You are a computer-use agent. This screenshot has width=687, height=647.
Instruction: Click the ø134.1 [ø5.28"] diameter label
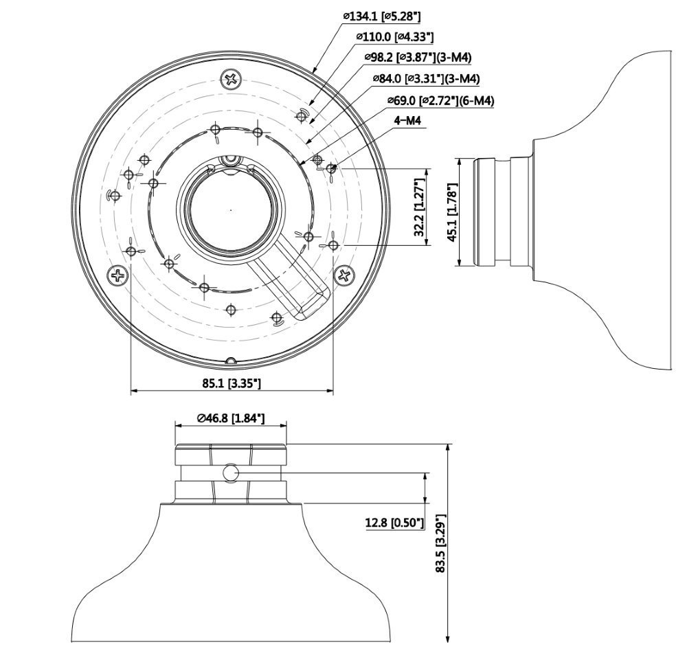381,16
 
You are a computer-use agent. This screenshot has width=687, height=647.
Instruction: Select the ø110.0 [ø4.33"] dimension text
394,36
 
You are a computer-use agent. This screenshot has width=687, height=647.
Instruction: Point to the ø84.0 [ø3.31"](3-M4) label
425,79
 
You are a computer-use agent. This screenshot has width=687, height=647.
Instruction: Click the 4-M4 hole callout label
407,122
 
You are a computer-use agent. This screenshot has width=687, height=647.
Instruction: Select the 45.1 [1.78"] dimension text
451,212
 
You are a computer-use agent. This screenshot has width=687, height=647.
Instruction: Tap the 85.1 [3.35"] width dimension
232,383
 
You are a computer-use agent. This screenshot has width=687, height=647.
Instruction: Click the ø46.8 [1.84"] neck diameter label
231,418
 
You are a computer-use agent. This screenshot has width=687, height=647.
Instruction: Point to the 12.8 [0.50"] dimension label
394,524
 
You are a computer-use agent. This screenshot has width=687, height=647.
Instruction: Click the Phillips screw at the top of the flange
232,80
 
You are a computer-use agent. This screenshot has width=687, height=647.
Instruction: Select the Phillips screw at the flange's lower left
119,276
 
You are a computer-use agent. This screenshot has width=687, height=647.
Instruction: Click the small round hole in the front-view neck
232,473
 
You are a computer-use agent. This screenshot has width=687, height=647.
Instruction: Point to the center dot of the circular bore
230,209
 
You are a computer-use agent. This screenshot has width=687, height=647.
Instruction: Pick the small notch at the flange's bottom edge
232,360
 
